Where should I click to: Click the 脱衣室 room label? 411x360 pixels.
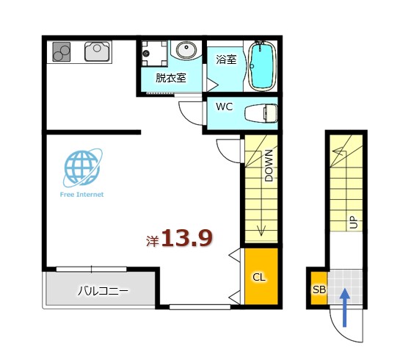pos(170,77)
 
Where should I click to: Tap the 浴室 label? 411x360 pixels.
pos(226,60)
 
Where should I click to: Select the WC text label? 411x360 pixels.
pos(224,107)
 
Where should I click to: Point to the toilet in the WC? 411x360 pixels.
pos(261,113)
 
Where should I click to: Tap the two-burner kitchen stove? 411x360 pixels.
pos(61,51)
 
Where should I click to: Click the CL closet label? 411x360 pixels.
pos(259,277)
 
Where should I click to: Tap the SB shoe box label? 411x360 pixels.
pos(319,290)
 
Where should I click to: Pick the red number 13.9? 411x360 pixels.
pos(187,238)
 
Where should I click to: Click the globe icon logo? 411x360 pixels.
pos(82,167)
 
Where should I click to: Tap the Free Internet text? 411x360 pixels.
pos(81,195)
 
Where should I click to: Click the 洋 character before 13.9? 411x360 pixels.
pos(153,240)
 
